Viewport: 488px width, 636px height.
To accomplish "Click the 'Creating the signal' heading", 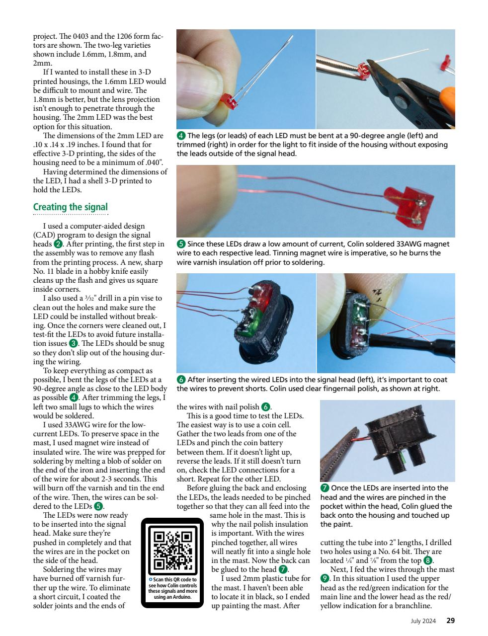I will click(70, 207).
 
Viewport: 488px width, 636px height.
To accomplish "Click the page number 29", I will click(450, 620).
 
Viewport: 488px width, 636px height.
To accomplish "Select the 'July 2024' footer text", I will click(423, 621).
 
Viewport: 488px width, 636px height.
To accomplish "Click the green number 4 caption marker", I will click(181, 136).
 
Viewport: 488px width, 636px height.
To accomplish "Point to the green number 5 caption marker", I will click(181, 244).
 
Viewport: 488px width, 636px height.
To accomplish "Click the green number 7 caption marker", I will click(325, 488).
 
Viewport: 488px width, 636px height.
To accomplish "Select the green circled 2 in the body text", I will click(58, 244).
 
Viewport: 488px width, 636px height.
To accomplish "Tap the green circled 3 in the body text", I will click(73, 343).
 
